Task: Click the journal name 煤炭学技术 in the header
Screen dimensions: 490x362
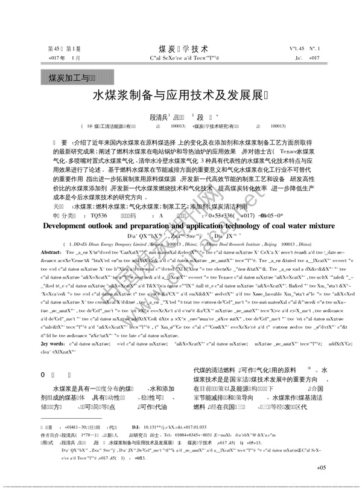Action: click(x=183, y=47)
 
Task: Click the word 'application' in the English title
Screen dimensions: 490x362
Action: click(x=172, y=226)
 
